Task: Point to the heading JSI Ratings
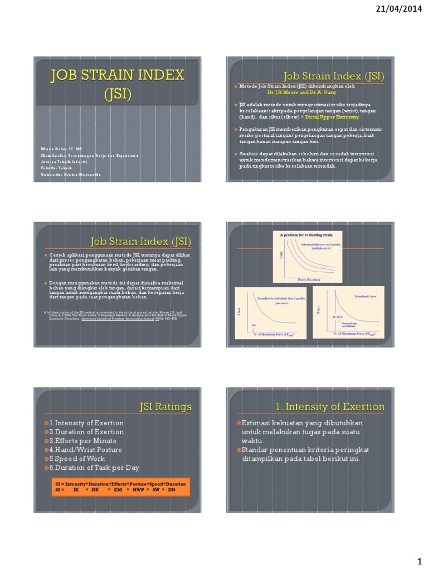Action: (166, 407)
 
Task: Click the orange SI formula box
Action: (117, 487)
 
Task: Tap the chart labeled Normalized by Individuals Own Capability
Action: (271, 313)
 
